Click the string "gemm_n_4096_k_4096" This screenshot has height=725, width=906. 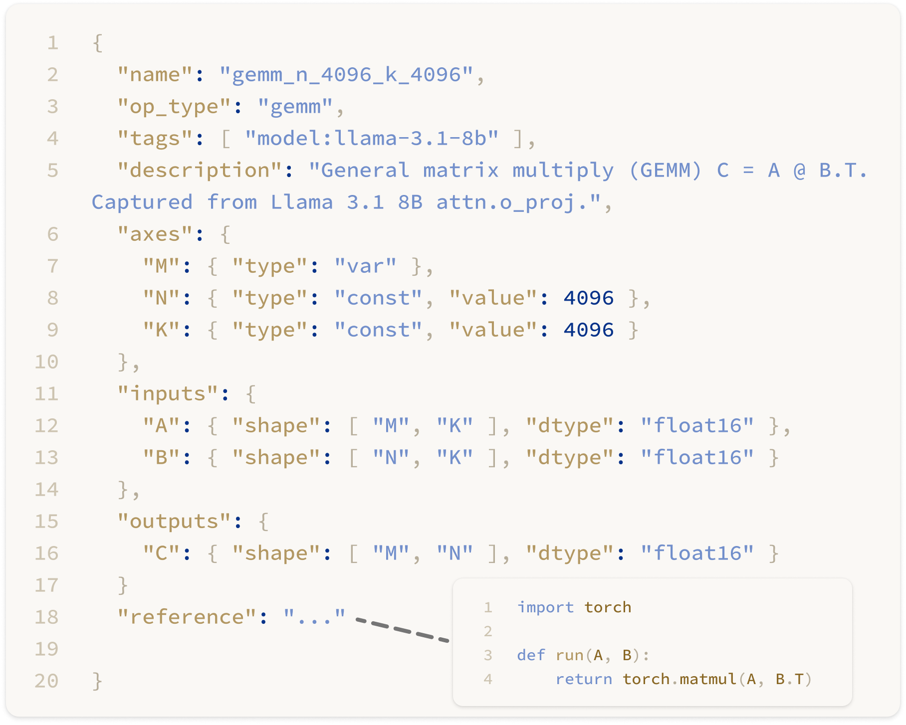pos(346,75)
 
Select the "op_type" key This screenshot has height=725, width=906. pos(175,107)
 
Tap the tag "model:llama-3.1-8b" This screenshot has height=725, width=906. pos(371,139)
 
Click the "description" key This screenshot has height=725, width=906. pos(200,171)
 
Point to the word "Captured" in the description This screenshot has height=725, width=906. pos(142,202)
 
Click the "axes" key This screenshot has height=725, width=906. pos(155,234)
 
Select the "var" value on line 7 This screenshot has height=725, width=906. pos(365,266)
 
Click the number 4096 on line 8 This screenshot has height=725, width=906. pos(589,298)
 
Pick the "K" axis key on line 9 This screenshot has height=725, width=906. pos(161,330)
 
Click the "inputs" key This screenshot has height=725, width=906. pos(168,394)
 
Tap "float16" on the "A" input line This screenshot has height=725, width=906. pos(697,426)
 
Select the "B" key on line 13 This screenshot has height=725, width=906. pos(161,458)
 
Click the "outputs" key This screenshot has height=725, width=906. pos(174,522)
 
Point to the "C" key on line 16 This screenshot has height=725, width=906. pos(161,553)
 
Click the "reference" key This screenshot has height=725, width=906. pos(187,617)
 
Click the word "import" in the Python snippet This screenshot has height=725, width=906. pos(545,607)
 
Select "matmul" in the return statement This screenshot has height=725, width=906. pos(708,679)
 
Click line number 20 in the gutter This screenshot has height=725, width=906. pos(46,681)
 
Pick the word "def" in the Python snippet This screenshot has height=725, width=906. pos(531,655)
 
